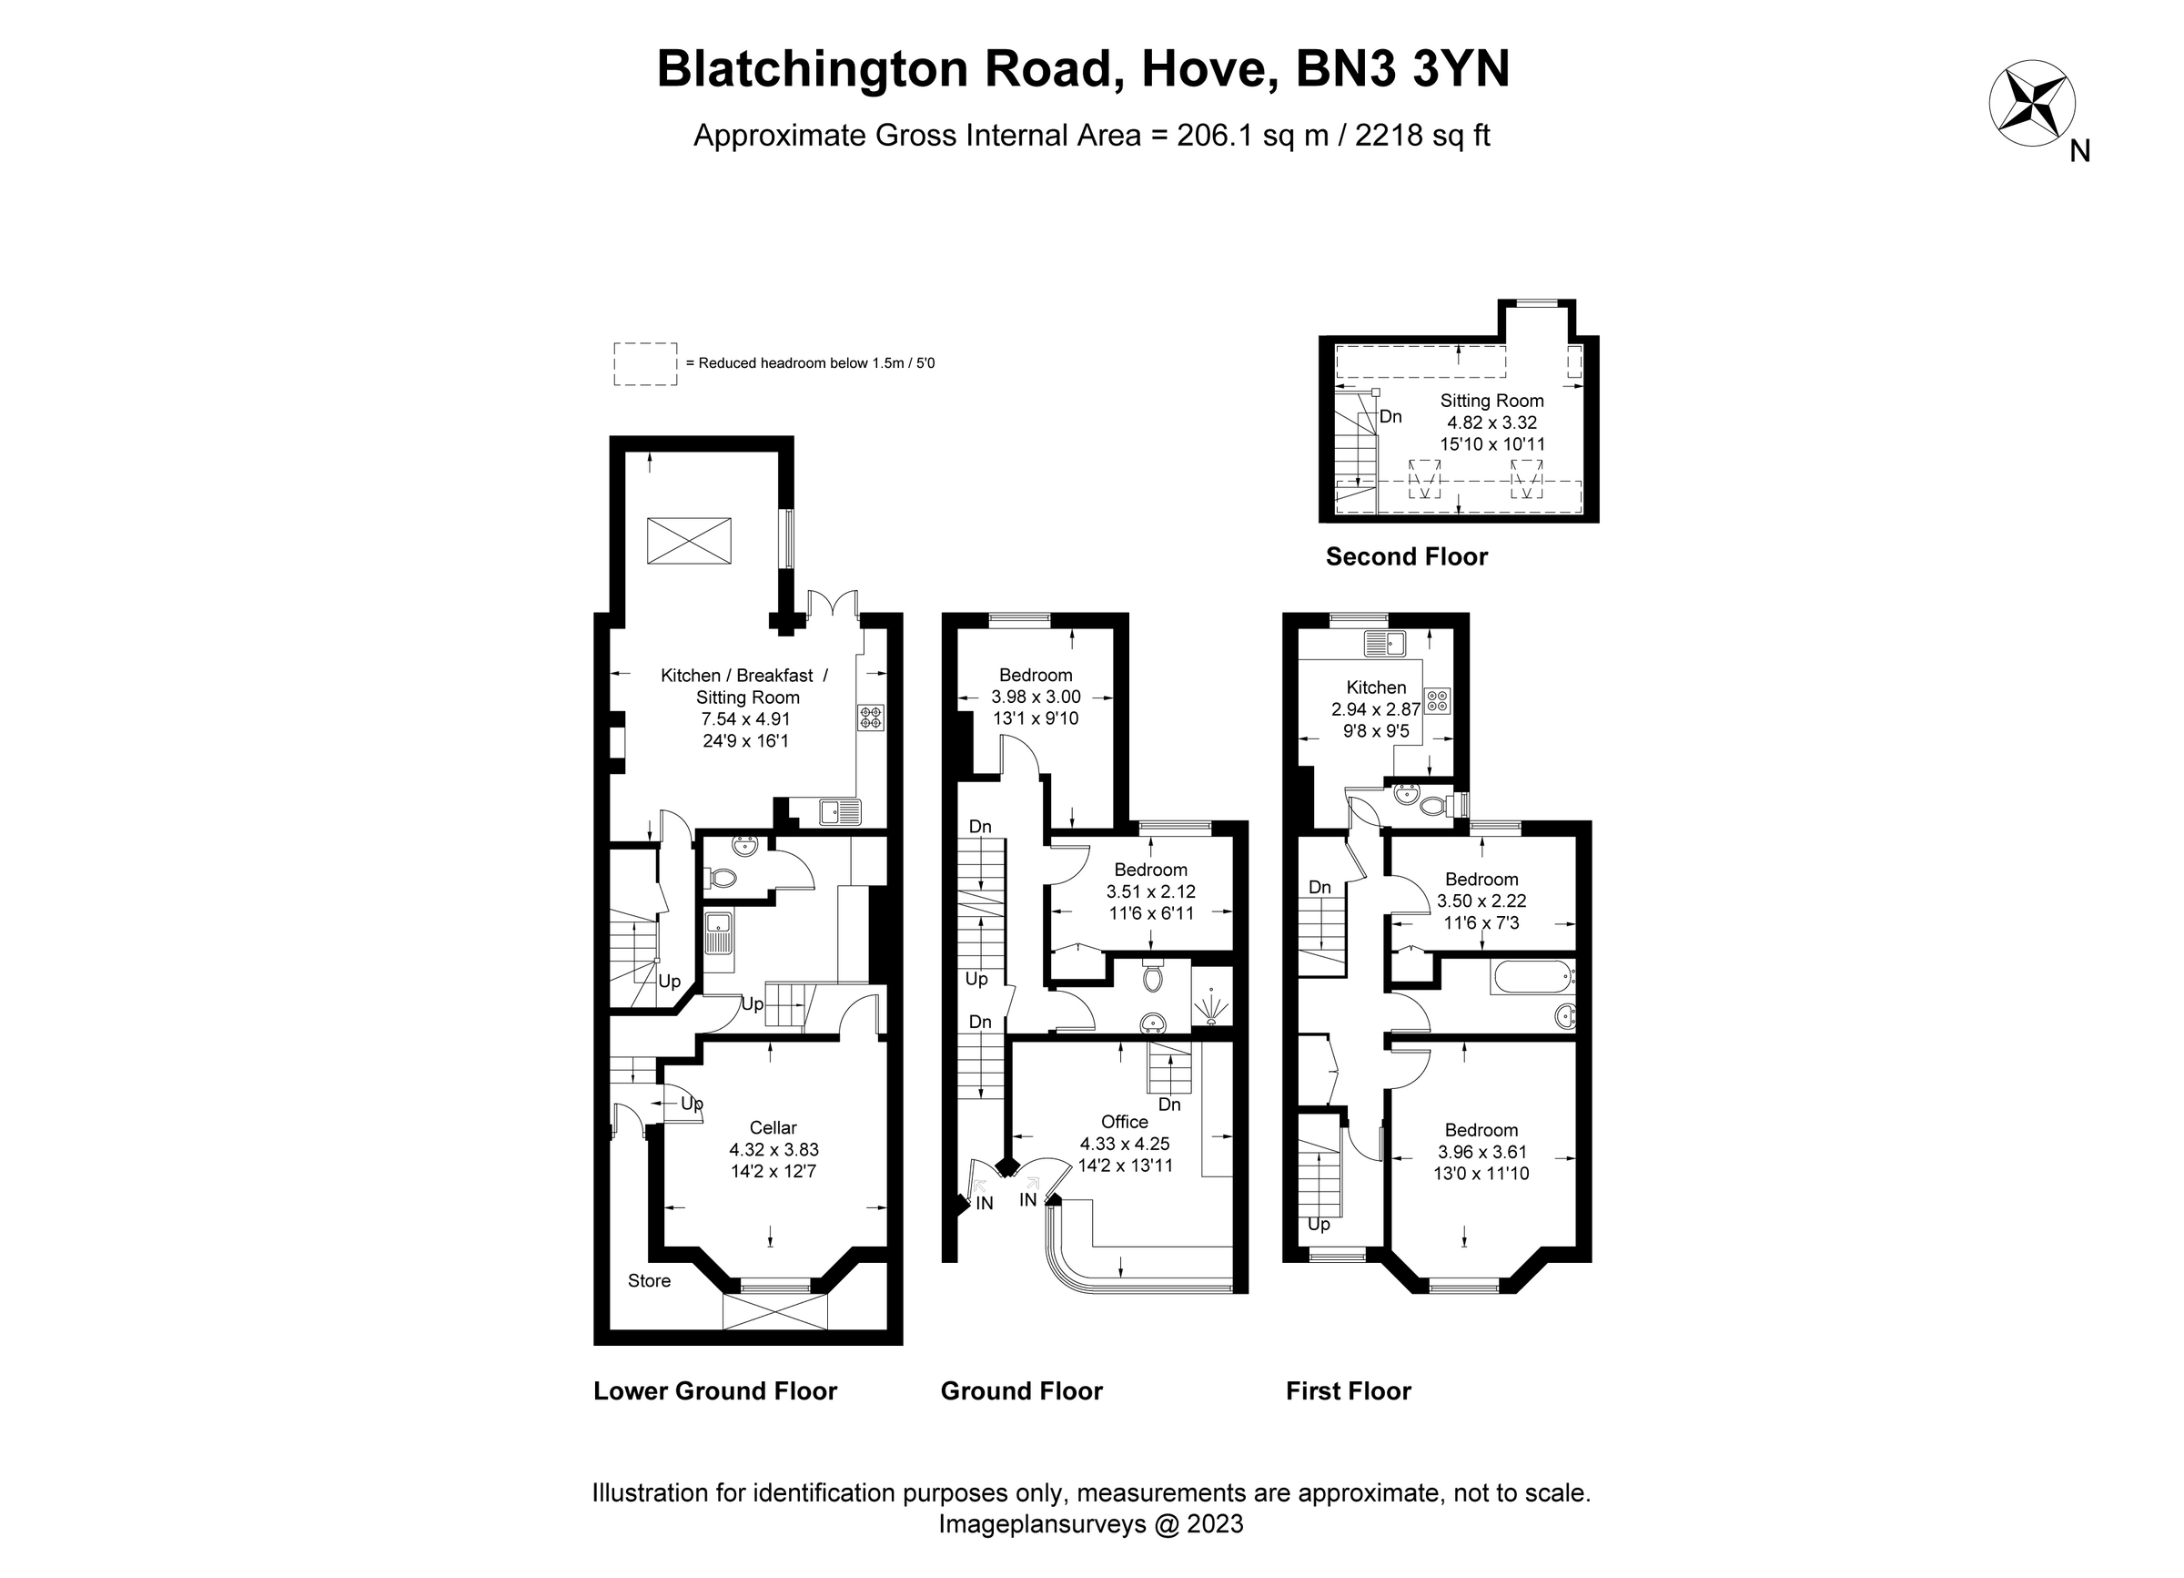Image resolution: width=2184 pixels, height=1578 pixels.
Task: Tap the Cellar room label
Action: pos(773,1128)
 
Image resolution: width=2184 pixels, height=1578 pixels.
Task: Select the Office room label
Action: pos(1124,1122)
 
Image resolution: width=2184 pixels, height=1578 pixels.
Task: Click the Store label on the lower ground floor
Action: pos(648,1280)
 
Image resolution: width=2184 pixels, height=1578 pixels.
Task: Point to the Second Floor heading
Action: pos(1406,557)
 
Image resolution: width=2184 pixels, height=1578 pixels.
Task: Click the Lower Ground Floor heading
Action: pos(714,1391)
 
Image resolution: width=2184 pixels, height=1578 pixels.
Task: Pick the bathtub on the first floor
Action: pos(1532,976)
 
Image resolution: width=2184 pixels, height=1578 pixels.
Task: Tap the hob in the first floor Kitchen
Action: pos(1437,700)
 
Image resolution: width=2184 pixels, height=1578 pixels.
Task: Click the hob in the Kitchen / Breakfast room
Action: pos(871,718)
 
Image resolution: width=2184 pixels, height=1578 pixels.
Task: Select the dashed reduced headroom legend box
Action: pos(645,364)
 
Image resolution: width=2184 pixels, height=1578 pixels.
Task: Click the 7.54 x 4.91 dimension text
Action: pos(745,718)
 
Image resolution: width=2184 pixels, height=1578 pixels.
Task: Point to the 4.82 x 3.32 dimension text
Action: pos(1491,422)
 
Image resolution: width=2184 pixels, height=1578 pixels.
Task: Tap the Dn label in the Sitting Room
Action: pos(1390,417)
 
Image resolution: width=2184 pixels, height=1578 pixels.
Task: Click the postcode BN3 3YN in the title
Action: pos(1403,69)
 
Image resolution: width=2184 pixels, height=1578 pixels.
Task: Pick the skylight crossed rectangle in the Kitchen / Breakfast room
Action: pos(689,541)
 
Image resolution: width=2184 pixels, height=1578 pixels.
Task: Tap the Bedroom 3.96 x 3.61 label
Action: pos(1481,1130)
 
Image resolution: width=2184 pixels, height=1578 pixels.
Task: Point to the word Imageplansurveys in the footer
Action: pos(1042,1524)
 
